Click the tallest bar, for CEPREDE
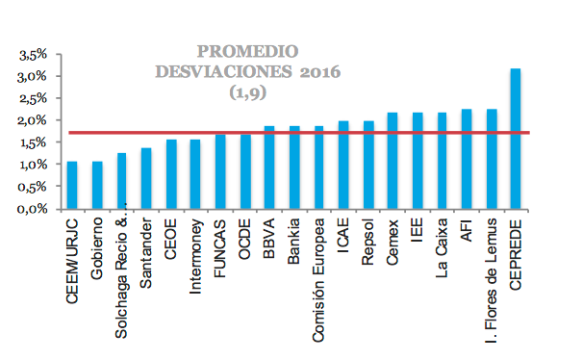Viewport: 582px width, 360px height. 516,139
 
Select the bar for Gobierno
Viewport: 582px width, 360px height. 97,185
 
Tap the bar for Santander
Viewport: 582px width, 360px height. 146,178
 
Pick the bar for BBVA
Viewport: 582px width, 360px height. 269,167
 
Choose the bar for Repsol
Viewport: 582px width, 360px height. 367,165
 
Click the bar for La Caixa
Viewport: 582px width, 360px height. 442,161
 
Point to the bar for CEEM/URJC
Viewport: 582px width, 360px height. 72,185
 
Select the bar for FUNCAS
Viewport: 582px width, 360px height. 220,171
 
